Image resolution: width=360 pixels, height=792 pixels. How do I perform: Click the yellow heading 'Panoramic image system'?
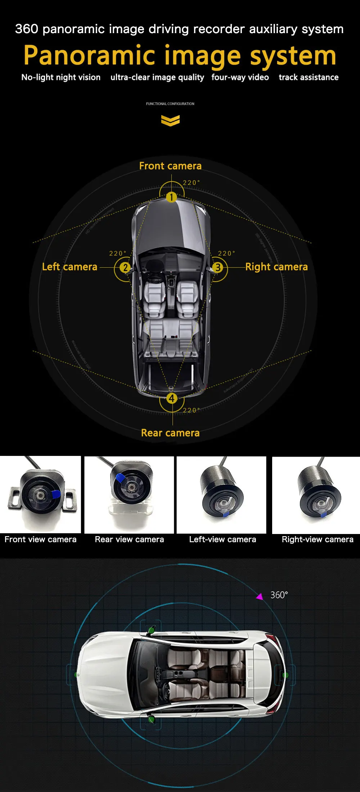(180, 56)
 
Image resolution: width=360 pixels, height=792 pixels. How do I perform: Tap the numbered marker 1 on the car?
(171, 197)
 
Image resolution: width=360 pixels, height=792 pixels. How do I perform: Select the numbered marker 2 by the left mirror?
(125, 267)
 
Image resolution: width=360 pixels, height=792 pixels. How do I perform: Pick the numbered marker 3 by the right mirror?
(217, 267)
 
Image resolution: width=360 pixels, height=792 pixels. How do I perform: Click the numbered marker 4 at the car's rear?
(172, 398)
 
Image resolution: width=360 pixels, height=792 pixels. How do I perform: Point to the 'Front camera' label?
(170, 166)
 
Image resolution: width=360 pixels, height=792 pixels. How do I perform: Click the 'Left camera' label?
(69, 267)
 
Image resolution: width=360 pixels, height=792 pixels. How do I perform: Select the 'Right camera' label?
(276, 267)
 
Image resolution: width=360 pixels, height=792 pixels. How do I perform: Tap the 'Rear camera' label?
(170, 433)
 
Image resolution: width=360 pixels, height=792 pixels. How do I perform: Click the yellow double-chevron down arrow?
(170, 121)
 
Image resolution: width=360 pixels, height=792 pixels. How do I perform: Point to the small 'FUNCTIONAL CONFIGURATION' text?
(170, 104)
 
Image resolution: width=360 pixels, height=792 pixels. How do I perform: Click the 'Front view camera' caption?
(40, 539)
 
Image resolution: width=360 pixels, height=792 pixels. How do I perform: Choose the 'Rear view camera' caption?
(129, 539)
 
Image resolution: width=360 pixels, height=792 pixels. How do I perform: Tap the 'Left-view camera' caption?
(222, 539)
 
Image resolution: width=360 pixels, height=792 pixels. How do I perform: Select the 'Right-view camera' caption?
(318, 539)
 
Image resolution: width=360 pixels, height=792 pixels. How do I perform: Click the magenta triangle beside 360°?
(260, 597)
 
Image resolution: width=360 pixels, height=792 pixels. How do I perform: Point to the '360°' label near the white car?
(279, 595)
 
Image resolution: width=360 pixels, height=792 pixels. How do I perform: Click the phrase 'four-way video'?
(240, 77)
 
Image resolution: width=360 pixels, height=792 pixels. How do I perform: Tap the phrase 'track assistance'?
(309, 77)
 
